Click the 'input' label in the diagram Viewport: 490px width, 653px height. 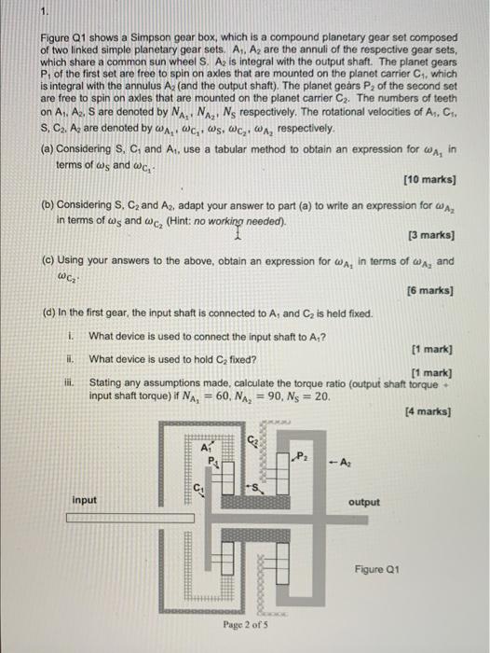pos(85,500)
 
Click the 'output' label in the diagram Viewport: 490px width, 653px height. pos(364,502)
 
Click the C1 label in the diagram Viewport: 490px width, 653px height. pos(197,483)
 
